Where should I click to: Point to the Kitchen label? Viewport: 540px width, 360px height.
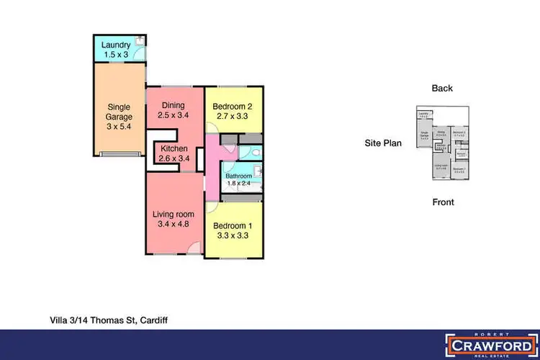tap(174, 149)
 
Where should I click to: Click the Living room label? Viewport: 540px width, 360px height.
tap(173, 213)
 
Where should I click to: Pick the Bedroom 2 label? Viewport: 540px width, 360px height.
tap(233, 107)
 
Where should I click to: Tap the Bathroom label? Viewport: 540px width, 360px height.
tap(238, 176)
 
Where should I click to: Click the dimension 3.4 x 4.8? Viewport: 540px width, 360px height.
tap(173, 224)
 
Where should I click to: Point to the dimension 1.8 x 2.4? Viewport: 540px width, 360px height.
tap(238, 184)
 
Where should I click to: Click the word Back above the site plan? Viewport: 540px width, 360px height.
tap(442, 89)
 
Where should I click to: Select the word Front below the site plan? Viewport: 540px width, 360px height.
tap(443, 202)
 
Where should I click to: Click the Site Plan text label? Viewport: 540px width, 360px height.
tap(383, 143)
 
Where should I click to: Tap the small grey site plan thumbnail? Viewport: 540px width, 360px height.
tap(442, 143)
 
